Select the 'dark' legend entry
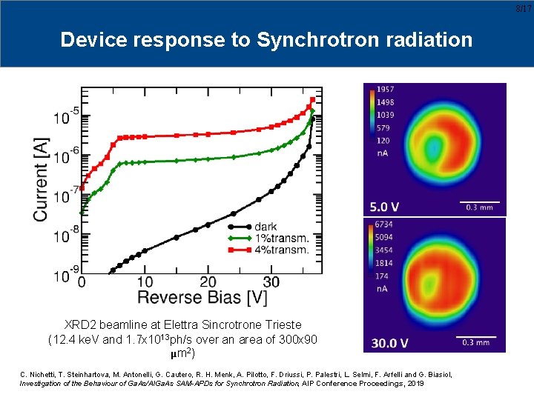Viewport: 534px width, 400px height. click(x=266, y=227)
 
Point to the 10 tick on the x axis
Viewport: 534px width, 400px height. click(x=145, y=282)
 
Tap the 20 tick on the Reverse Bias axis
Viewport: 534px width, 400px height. click(x=208, y=282)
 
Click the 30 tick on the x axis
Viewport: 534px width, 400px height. click(x=271, y=282)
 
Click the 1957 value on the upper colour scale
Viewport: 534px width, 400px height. click(x=386, y=90)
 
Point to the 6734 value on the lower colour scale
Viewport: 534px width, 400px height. click(x=386, y=224)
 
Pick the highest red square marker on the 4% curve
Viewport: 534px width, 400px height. click(x=312, y=99)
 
